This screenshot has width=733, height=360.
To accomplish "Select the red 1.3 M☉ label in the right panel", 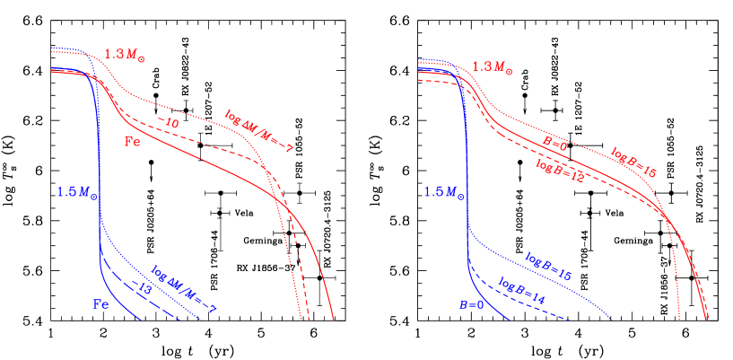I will click(494, 66).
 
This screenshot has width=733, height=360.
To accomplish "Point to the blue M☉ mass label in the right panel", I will click(445, 191).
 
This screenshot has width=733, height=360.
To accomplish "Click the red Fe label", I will click(131, 141).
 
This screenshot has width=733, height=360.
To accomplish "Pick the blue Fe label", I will click(102, 303).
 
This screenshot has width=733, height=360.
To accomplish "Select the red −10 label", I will click(168, 122).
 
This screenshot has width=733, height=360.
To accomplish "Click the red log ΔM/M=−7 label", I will click(259, 128).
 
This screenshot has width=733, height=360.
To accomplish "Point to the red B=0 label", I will click(556, 143).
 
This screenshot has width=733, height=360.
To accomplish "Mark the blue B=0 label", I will click(472, 305).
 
